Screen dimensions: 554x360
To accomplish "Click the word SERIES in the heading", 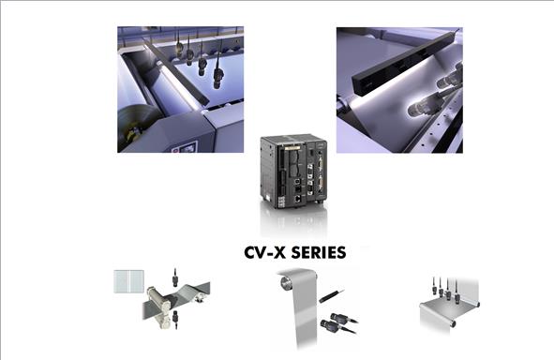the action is click(x=319, y=252).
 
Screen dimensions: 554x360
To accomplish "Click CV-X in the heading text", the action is click(x=264, y=252).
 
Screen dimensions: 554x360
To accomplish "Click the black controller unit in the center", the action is click(x=293, y=172).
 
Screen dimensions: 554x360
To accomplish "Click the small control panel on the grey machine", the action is click(x=185, y=146).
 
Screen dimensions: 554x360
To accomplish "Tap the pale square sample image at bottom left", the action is click(x=129, y=281).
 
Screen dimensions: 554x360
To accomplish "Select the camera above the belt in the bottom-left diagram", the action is click(x=174, y=278).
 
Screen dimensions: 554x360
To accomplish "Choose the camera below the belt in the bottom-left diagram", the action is click(x=175, y=319).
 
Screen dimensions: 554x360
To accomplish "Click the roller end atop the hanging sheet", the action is click(x=286, y=282).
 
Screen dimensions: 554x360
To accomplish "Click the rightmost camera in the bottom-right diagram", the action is click(x=457, y=292).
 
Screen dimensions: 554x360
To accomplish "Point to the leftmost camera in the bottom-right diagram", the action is click(x=435, y=287).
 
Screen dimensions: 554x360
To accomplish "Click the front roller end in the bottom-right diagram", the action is click(x=452, y=322).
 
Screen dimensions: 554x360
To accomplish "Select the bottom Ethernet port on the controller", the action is click(x=298, y=198).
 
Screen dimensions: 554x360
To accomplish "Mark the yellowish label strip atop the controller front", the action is click(x=292, y=147).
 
